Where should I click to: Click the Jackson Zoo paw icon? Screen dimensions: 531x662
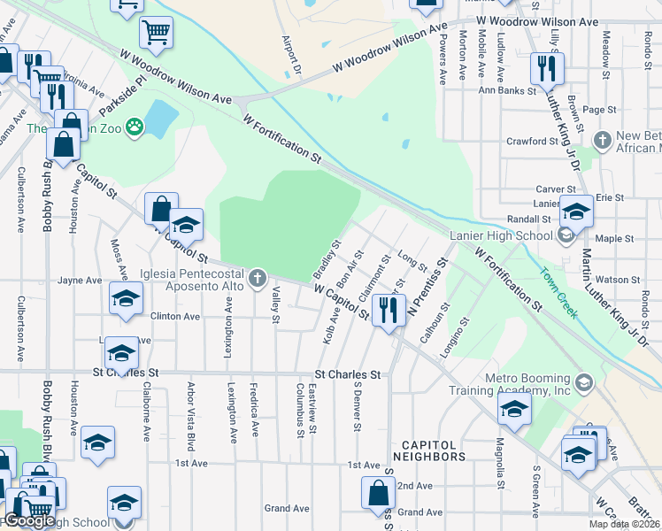[x=135, y=127]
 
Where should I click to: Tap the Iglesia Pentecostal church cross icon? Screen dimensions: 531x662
[x=258, y=280]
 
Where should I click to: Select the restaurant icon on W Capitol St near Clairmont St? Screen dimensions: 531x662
[x=389, y=310]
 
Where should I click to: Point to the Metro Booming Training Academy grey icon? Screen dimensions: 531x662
[x=583, y=382]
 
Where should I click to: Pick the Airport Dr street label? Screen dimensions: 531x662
[x=291, y=55]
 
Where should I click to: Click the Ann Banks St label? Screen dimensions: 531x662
[x=507, y=90]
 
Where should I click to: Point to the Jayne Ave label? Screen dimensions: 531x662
[x=80, y=281]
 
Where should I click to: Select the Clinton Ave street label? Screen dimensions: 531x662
[x=175, y=316]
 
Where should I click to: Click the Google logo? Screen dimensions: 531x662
[x=29, y=520]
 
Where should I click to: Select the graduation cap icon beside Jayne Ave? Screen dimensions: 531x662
[x=126, y=297]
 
